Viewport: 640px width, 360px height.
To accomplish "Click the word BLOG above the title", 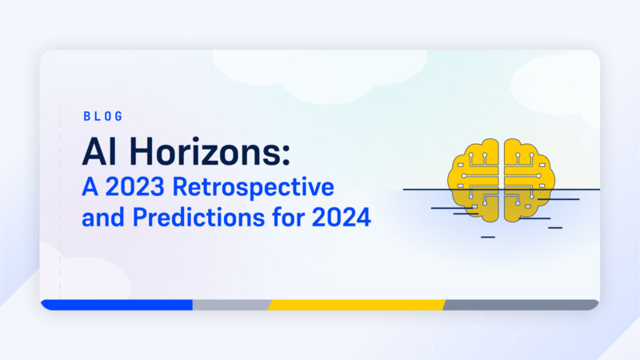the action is point(103,116).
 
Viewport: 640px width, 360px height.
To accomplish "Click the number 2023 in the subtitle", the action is point(134,186).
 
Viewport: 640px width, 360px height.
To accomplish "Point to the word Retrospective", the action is point(254,188).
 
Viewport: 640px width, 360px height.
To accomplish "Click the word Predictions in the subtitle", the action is point(198,217).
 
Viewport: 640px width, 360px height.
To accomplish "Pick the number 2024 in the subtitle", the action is point(342,218).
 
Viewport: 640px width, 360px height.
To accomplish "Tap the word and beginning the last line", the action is point(103,217).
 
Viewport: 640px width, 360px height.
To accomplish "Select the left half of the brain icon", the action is point(474,180).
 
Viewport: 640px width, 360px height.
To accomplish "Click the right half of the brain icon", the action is point(530,180).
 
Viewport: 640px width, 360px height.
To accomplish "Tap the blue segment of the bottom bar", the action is point(117,305).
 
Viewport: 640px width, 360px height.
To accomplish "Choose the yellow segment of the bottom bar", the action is point(356,305).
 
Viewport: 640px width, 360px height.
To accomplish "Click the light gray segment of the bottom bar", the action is point(231,305).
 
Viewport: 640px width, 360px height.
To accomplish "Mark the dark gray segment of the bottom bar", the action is point(521,305).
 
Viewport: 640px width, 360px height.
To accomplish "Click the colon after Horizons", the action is point(286,154).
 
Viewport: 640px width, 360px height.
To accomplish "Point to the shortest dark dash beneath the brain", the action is point(488,237).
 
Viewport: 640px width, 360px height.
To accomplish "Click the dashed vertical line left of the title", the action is point(61,204).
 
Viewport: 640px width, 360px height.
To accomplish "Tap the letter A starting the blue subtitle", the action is point(90,186).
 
